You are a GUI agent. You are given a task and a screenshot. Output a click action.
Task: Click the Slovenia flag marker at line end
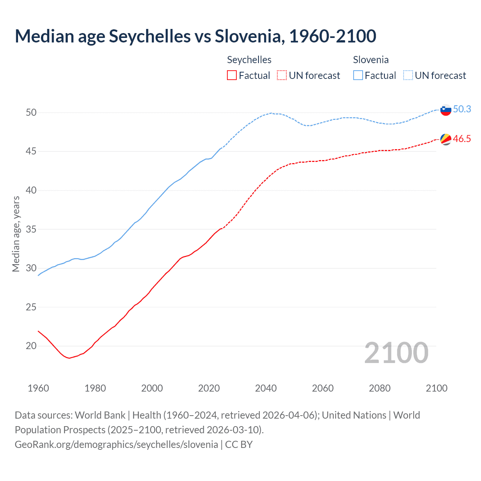click(445, 110)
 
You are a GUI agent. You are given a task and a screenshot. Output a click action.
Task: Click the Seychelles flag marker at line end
click(445, 139)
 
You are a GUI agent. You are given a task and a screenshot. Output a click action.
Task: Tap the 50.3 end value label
click(462, 109)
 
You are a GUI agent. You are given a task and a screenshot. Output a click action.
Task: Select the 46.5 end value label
click(462, 139)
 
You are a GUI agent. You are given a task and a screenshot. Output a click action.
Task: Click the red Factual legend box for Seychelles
click(232, 76)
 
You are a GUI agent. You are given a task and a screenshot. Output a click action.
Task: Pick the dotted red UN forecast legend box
click(282, 76)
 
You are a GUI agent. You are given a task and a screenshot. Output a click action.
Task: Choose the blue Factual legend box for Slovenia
click(358, 76)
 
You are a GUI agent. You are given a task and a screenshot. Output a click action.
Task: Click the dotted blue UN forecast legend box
click(408, 76)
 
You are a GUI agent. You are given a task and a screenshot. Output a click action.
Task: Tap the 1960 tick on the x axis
click(38, 388)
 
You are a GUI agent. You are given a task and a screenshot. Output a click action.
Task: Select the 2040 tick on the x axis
click(266, 388)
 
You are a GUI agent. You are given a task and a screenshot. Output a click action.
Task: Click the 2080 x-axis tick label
click(380, 388)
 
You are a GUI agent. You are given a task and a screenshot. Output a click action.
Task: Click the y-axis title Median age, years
click(16, 234)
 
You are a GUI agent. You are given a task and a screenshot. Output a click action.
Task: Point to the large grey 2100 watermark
click(396, 352)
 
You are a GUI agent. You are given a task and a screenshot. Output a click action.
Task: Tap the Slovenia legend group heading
click(371, 60)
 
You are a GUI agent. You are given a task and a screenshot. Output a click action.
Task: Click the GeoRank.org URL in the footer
click(116, 445)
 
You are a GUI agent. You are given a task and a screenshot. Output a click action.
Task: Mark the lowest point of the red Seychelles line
click(69, 358)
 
